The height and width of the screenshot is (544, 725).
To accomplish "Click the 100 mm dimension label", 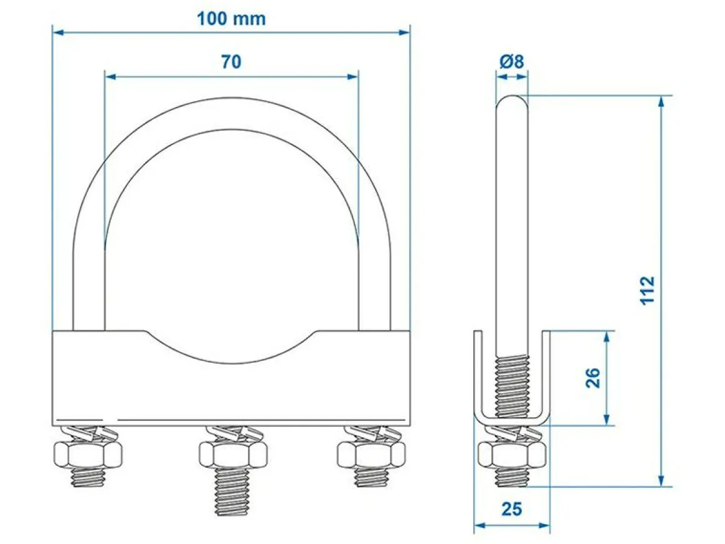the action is tap(231, 19).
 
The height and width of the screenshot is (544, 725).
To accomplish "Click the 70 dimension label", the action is tap(231, 61).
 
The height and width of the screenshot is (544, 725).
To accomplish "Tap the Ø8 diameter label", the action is tap(512, 61).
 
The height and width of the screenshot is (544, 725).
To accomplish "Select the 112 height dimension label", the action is tap(647, 290).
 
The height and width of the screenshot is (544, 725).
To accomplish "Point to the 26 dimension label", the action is tap(592, 378).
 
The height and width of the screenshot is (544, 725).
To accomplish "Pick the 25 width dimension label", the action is tap(511, 509).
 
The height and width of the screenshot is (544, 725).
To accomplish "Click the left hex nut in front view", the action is tap(88, 455).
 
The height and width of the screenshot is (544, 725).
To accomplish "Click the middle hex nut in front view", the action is tap(233, 455).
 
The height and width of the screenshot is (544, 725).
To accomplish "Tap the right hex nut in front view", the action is tap(371, 455).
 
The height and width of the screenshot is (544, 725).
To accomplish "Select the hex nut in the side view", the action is tap(512, 455).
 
